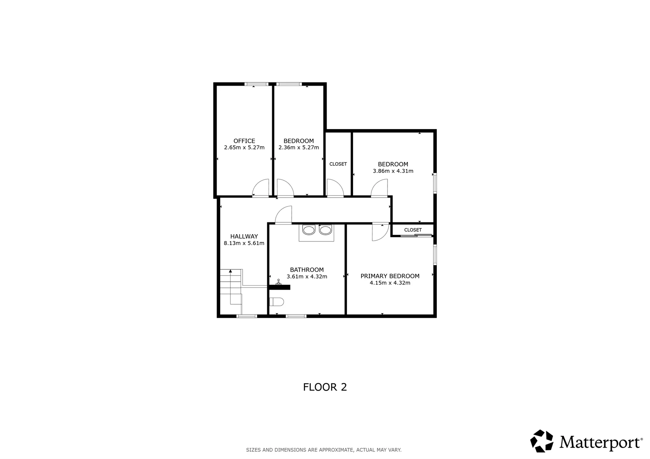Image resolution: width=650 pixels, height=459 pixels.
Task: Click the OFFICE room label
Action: (244, 141)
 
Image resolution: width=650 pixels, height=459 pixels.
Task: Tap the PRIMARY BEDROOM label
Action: (390, 276)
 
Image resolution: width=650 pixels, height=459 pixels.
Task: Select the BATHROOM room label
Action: (307, 269)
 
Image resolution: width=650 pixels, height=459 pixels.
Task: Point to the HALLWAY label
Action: (244, 236)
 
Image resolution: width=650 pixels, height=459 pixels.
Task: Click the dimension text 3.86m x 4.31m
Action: (393, 171)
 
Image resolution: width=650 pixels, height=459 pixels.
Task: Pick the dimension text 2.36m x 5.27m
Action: (299, 148)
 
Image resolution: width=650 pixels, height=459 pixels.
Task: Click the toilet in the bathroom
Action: (277, 302)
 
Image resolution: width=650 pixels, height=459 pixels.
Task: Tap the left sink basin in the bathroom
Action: (309, 230)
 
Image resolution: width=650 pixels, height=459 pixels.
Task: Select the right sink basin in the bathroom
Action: (325, 230)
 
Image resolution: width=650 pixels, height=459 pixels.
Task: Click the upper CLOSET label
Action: (338, 164)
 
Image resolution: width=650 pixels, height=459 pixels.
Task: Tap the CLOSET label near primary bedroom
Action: (413, 230)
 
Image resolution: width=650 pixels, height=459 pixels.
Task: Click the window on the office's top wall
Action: (256, 84)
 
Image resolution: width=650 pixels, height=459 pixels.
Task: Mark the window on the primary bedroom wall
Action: (435, 255)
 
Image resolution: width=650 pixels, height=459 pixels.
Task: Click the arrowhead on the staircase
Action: (230, 271)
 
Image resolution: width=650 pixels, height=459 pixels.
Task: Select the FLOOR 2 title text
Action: (325, 387)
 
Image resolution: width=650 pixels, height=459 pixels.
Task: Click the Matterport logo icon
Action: (542, 441)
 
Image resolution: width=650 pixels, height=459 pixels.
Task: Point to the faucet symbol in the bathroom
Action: (279, 282)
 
